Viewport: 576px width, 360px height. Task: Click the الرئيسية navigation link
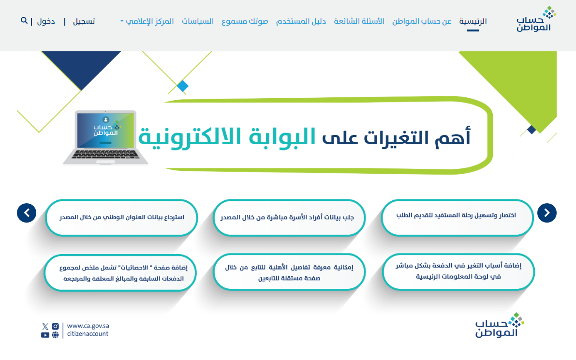473,21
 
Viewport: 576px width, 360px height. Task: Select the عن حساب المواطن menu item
422,21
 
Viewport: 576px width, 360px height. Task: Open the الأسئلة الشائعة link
359,21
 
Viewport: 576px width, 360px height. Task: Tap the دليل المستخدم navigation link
301,21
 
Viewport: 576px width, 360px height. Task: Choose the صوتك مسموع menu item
245,21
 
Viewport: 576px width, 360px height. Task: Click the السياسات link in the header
198,21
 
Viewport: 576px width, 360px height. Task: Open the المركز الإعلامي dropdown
147,21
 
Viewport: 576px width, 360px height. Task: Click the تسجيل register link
84,21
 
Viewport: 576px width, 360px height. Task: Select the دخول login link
46,21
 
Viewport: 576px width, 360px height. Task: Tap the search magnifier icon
24,21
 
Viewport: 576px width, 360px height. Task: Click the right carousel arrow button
546,213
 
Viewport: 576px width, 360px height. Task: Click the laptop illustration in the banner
105,137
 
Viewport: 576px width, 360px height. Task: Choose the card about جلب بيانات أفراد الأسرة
289,217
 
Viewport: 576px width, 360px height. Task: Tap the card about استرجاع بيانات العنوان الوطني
121,217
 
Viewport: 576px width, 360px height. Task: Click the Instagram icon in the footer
55,326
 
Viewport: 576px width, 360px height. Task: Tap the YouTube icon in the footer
45,335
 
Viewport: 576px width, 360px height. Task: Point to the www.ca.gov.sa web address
88,326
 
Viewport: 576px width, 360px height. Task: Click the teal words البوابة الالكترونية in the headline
227,137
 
